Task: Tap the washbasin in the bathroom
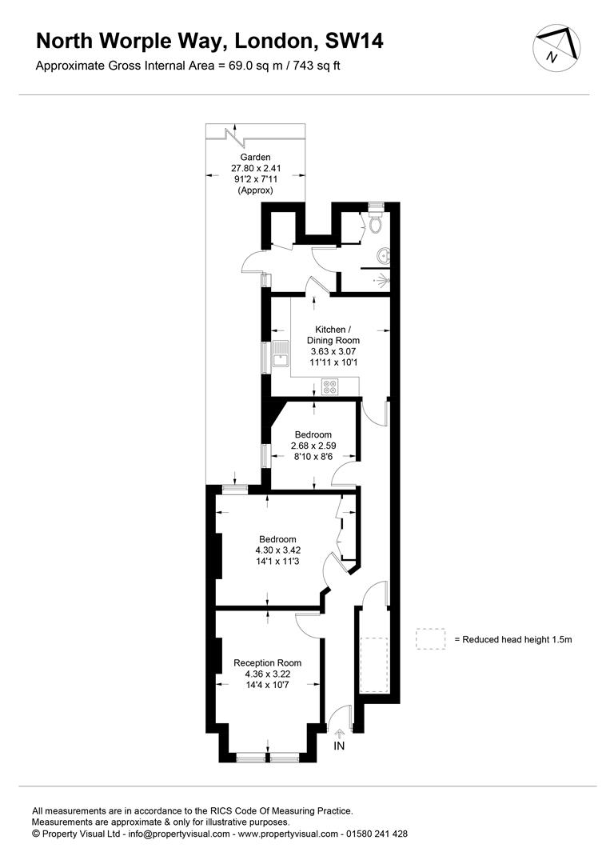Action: (x=385, y=255)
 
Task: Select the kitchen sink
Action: (x=281, y=354)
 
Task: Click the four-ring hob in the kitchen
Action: (x=330, y=387)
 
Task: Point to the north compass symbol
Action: (x=556, y=47)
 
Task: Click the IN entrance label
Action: (x=339, y=746)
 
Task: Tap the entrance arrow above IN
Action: (x=339, y=733)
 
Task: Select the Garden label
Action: (x=256, y=157)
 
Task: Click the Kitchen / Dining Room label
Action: (x=333, y=335)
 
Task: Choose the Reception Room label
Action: (x=268, y=663)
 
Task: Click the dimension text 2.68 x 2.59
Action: (x=313, y=446)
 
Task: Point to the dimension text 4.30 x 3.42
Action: (x=278, y=550)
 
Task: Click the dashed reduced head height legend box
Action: (x=431, y=638)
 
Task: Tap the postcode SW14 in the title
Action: (x=354, y=41)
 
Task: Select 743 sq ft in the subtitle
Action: (x=317, y=66)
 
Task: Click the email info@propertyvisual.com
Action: (x=179, y=834)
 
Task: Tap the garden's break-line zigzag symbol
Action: (x=236, y=136)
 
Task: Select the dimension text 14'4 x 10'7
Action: (x=268, y=685)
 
